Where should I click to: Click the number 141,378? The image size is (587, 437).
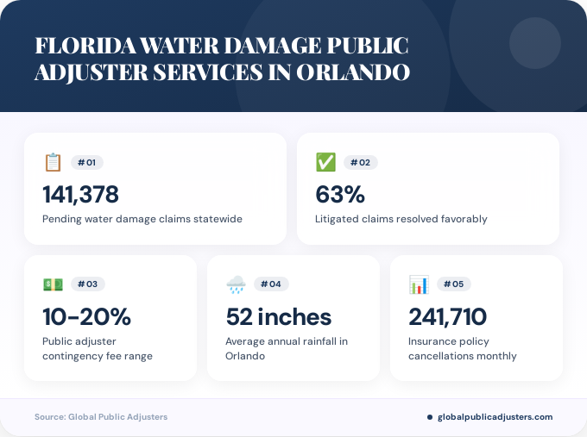(x=80, y=194)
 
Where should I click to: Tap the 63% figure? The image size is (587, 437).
(x=340, y=194)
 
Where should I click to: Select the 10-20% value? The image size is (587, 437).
(x=86, y=316)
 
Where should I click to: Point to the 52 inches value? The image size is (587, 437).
(x=278, y=316)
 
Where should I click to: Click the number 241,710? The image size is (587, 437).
(x=447, y=316)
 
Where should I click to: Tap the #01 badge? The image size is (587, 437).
(x=86, y=162)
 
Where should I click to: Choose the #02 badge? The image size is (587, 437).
(x=360, y=162)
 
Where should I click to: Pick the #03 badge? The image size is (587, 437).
(x=87, y=284)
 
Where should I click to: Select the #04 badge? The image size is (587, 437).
(x=270, y=284)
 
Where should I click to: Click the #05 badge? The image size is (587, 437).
(x=453, y=284)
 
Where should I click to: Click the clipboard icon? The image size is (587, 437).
(x=53, y=162)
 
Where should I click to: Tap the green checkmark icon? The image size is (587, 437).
(x=325, y=162)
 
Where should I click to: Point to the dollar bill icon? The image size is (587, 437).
(x=53, y=284)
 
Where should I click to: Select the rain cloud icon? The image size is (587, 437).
(x=236, y=284)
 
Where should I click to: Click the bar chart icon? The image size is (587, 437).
(x=419, y=284)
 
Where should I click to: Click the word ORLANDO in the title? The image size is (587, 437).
(x=353, y=72)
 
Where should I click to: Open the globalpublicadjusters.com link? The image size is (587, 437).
(x=495, y=417)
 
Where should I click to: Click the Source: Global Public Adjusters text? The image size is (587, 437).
(x=101, y=417)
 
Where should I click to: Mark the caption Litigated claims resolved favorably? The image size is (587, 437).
(x=401, y=219)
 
